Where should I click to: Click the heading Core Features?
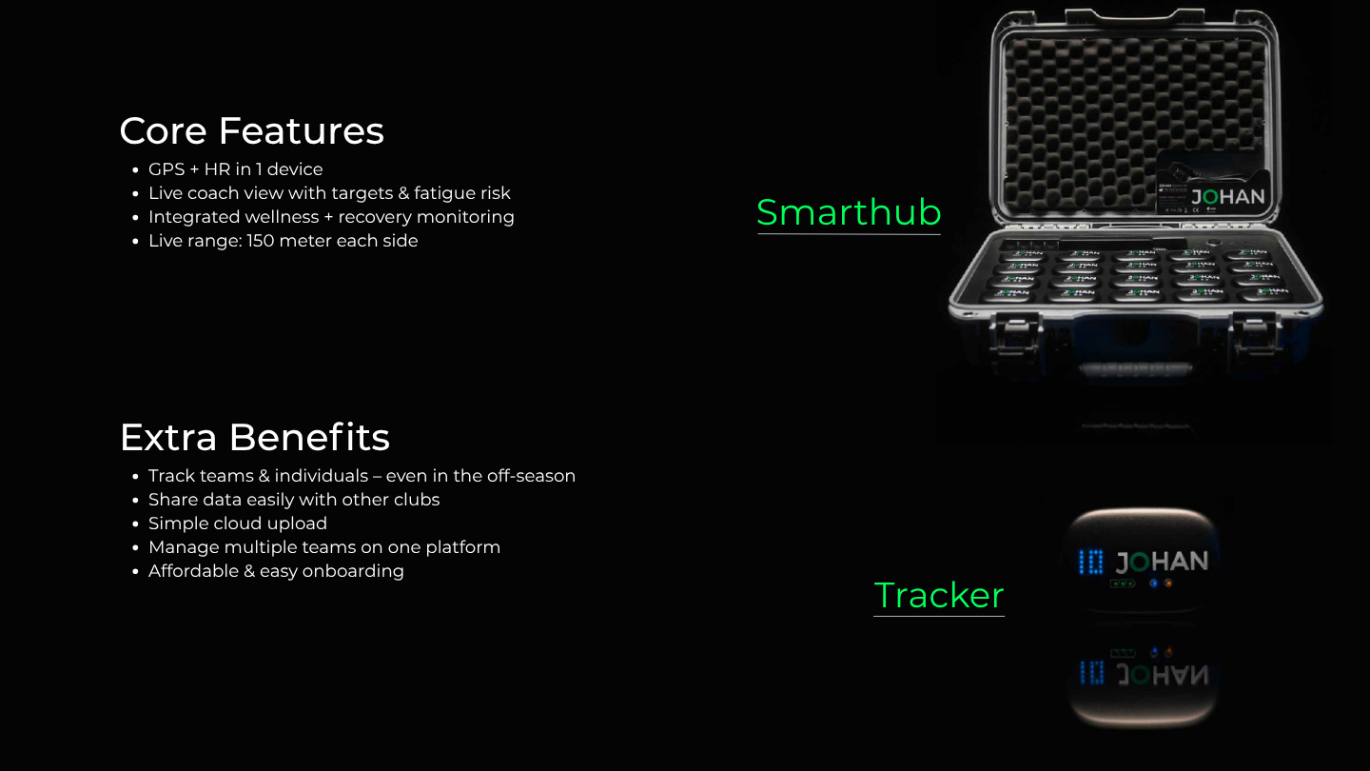tap(251, 131)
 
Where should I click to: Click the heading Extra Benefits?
tap(254, 438)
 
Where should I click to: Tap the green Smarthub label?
tap(849, 212)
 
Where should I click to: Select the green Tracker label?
tap(939, 596)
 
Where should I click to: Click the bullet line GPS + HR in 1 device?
tap(235, 169)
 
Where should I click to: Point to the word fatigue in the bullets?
tap(446, 193)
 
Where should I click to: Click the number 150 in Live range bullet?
tap(263, 241)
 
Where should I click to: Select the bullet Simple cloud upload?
tap(237, 524)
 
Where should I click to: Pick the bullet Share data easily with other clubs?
tap(293, 500)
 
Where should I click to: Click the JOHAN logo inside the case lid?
tap(1228, 198)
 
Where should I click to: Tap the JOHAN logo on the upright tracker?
tap(1162, 562)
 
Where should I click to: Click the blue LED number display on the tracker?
tap(1091, 563)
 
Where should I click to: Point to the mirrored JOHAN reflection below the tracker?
tap(1162, 675)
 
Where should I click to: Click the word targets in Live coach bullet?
tap(362, 193)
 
